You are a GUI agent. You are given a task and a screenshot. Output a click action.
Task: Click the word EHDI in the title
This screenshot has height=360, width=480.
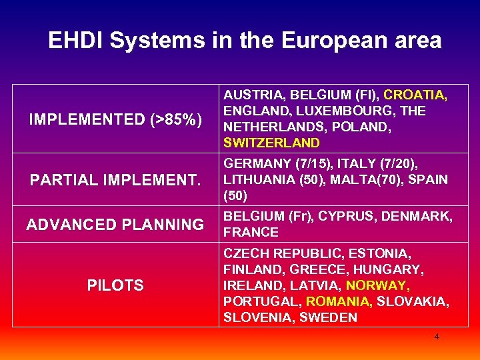pos(76,41)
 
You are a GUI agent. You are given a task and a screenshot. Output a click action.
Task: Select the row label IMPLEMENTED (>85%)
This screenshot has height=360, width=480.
pos(115,120)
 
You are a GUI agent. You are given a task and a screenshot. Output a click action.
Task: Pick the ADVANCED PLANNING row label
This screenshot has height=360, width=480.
pos(115,225)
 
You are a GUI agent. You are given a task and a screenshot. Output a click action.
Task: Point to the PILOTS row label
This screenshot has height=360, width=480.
pos(115,285)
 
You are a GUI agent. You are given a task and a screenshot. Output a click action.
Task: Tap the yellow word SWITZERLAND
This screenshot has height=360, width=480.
pos(272,143)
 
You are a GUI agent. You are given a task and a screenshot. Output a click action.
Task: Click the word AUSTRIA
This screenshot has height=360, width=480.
pos(251,95)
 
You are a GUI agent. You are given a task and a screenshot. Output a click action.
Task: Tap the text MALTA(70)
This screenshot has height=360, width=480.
pos(366,180)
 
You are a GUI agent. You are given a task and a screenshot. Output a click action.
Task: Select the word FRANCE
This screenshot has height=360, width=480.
pos(251,232)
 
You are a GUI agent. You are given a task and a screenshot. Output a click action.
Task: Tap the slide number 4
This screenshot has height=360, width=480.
pos(437,337)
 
